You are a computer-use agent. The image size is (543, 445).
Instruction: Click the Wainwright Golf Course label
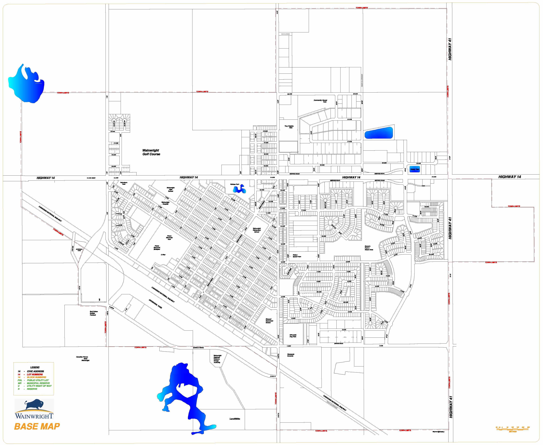pyautogui.click(x=151, y=152)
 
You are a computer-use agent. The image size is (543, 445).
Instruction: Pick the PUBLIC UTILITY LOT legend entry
pyautogui.click(x=38, y=380)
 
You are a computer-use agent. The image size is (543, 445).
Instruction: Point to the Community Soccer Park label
pyautogui.click(x=320, y=101)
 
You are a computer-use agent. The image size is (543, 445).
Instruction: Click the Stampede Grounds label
pyautogui.click(x=291, y=355)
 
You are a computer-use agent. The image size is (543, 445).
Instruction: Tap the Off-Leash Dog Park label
pyautogui.click(x=293, y=336)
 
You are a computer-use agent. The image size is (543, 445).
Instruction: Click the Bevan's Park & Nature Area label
pyautogui.click(x=369, y=248)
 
